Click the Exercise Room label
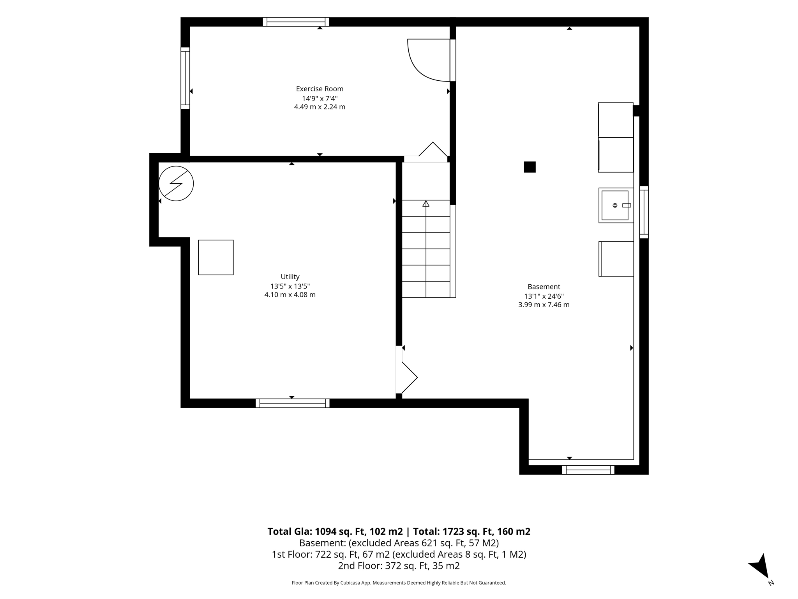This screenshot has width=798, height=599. tap(320, 89)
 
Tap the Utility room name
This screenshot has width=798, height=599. tap(290, 277)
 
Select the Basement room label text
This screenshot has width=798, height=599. tap(544, 287)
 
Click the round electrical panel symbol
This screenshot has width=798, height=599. tap(176, 184)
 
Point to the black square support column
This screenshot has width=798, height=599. tap(530, 167)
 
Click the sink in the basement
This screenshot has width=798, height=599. tap(616, 206)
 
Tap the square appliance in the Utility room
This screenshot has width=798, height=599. tap(216, 257)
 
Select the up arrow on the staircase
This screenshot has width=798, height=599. tap(426, 204)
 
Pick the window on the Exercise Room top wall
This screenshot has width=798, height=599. tap(296, 22)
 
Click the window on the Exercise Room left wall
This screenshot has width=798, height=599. tap(185, 78)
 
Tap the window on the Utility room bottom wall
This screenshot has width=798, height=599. tap(292, 403)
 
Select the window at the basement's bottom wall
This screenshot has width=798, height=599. tap(588, 470)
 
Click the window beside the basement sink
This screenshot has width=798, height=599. tap(644, 212)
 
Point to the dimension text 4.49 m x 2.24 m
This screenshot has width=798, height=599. tap(320, 107)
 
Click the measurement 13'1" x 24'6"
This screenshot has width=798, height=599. tap(544, 296)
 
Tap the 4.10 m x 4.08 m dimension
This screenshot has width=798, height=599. tap(290, 295)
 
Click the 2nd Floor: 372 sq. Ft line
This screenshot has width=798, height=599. tap(399, 566)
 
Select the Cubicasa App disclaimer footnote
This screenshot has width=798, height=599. tap(399, 583)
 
